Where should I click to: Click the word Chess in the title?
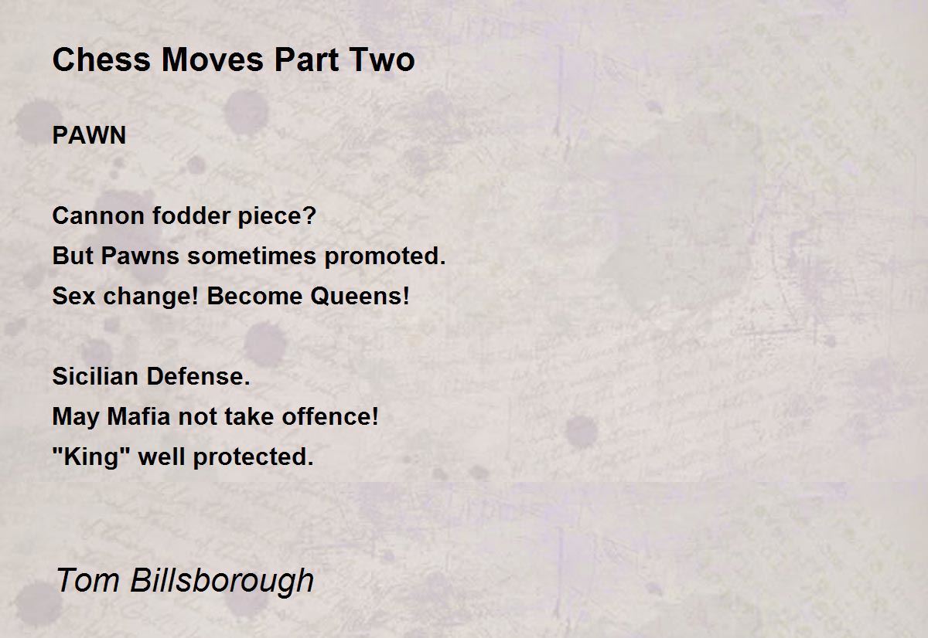(x=101, y=59)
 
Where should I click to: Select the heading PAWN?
(x=89, y=135)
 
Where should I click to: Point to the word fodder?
(x=191, y=215)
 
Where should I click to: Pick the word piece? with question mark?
(x=277, y=216)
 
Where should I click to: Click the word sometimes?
(x=252, y=256)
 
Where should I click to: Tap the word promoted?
(x=385, y=256)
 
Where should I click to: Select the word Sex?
(x=73, y=296)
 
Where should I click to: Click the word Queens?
(x=360, y=296)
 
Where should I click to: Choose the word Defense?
(x=198, y=376)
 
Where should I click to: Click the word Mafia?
(x=138, y=416)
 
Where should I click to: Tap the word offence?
(x=329, y=416)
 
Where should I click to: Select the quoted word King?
(x=91, y=457)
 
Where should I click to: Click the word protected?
(x=253, y=457)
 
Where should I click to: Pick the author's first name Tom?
(x=87, y=580)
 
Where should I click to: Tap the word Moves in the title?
(x=213, y=59)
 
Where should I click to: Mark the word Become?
(x=254, y=296)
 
